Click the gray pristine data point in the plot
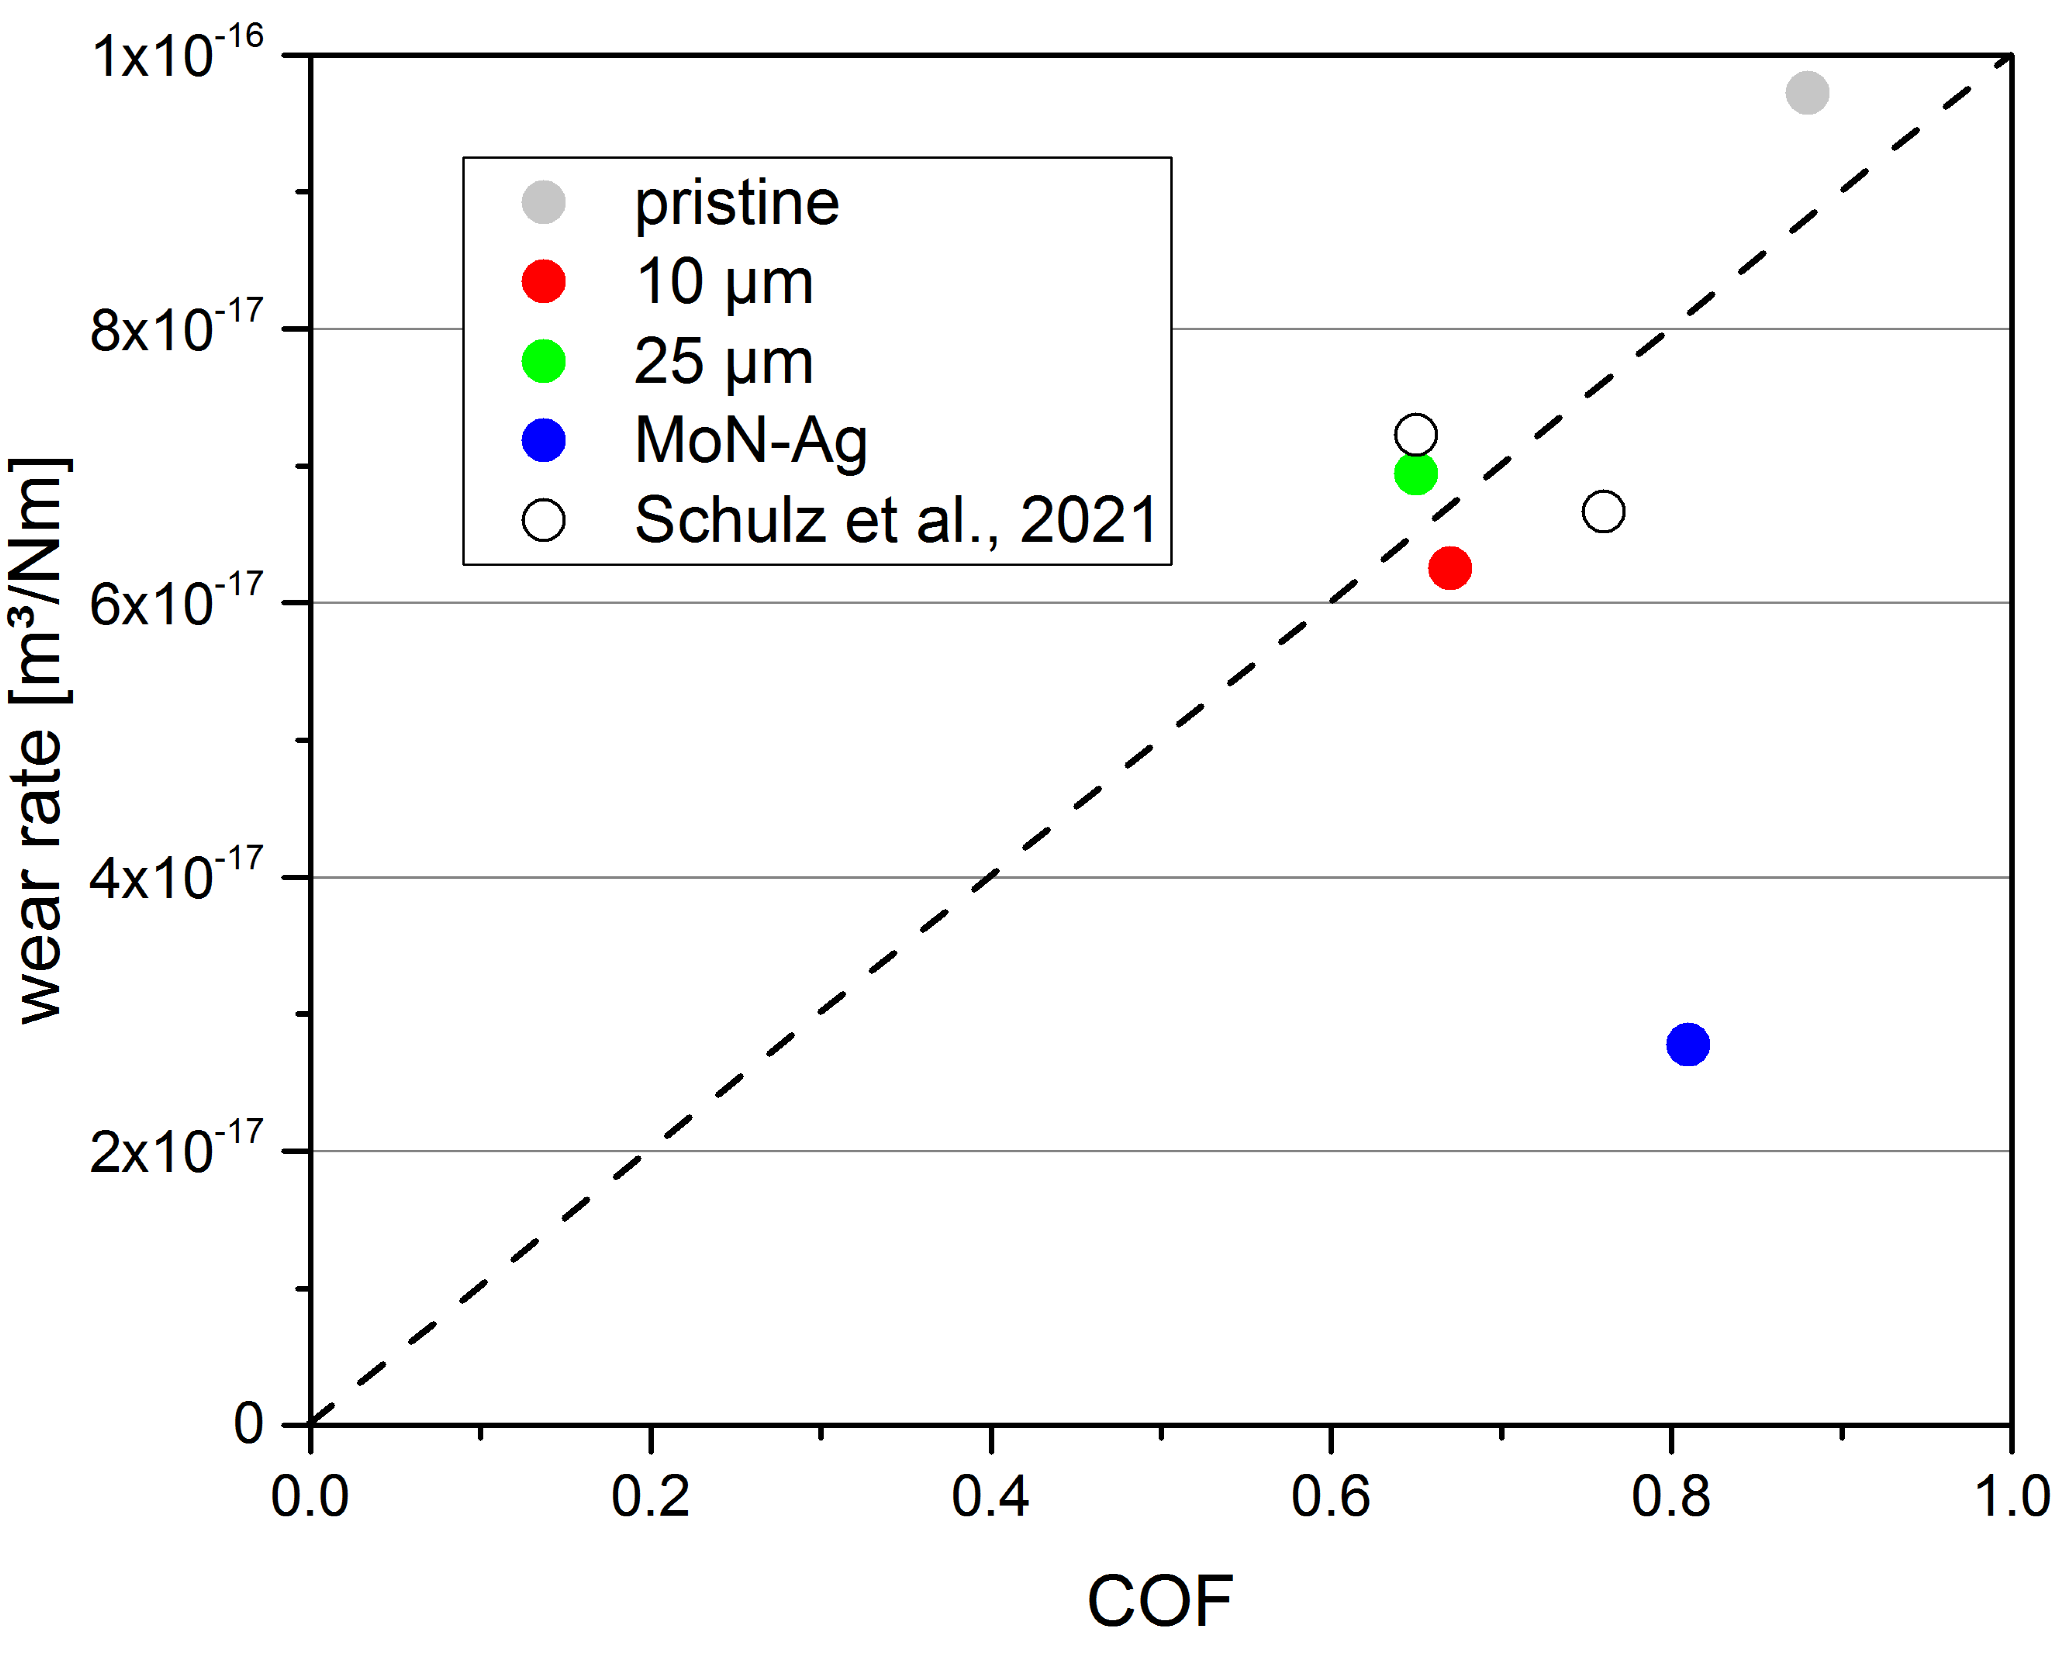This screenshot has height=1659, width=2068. [1807, 93]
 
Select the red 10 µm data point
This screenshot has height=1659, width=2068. [1449, 568]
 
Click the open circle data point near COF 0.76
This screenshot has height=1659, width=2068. [1603, 511]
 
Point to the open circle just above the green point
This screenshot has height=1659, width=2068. [1416, 435]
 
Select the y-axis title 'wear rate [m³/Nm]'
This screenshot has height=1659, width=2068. [40, 740]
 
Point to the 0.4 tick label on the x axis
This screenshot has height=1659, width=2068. [990, 1496]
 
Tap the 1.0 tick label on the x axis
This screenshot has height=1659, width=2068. [2011, 1496]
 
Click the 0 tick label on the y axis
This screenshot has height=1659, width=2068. [249, 1424]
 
